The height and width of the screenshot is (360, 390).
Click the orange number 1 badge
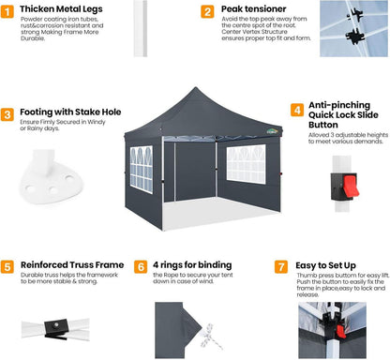pyautogui.click(x=7, y=11)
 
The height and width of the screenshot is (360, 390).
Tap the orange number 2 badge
pyautogui.click(x=207, y=11)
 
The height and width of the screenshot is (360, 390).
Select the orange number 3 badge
pyautogui.click(x=7, y=114)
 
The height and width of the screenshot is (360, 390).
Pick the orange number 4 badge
pyautogui.click(x=297, y=110)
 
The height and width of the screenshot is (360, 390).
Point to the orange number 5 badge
pyautogui.click(x=7, y=267)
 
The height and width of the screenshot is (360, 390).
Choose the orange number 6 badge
pyautogui.click(x=141, y=267)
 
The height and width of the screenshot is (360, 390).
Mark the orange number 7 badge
pyautogui.click(x=281, y=267)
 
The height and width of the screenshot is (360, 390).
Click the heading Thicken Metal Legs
pyautogui.click(x=61, y=9)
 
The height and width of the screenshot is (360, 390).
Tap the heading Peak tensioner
pyautogui.click(x=254, y=9)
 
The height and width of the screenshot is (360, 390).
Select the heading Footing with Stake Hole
pyautogui.click(x=70, y=112)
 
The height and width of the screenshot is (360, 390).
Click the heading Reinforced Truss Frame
pyautogui.click(x=72, y=265)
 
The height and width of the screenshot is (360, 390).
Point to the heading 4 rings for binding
pyautogui.click(x=192, y=265)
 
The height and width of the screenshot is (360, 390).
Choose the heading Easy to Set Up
pyautogui.click(x=325, y=266)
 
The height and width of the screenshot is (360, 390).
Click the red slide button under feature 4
pyautogui.click(x=351, y=186)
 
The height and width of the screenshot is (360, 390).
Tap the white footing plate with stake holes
pyautogui.click(x=50, y=178)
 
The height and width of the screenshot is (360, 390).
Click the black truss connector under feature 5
pyautogui.click(x=56, y=329)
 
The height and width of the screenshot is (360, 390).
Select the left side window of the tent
pyautogui.click(x=142, y=170)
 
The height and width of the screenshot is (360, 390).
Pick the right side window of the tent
pyautogui.click(x=247, y=164)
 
